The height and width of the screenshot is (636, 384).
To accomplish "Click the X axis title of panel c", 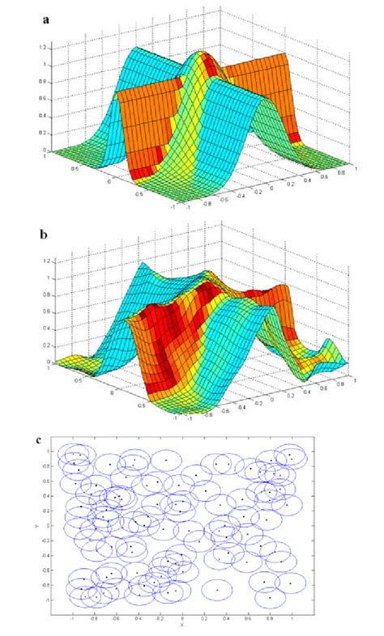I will (182, 624).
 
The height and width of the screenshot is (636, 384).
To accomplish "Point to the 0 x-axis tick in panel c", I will (182, 616).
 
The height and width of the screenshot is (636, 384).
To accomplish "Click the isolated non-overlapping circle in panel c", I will (217, 590).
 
